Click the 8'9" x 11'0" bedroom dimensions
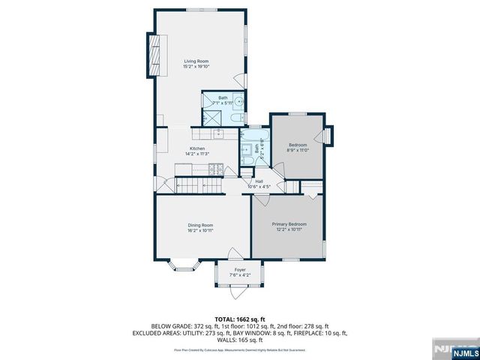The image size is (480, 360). coord(298,151)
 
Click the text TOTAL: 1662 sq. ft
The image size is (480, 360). coord(240,318)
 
